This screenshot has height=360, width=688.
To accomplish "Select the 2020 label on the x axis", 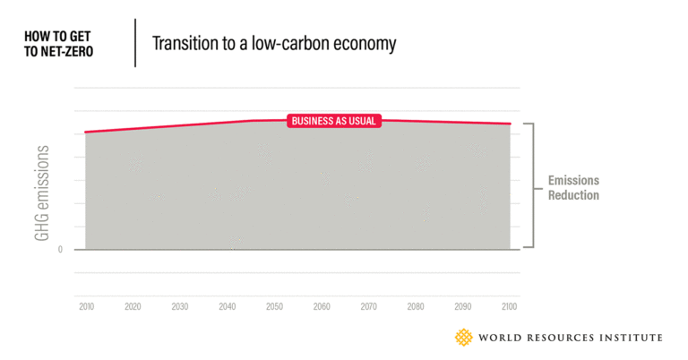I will coord(133,306).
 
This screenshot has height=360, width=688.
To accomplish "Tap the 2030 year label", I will coord(180,306).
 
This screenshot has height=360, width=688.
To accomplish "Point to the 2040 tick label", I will coord(228,306).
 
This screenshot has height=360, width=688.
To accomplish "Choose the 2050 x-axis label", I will coord(274,306).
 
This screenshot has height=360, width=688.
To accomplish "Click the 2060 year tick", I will coord(322,306).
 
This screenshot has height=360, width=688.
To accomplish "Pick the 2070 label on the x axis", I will coord(369,306).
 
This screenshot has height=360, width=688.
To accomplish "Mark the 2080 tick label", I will coord(416,306).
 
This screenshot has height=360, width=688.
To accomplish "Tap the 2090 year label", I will coord(463,306).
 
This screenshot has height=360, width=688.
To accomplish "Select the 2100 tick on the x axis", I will coord(510,306).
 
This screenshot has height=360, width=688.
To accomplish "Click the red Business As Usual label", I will coord(334,121).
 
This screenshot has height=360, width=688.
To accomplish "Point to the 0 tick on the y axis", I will coord(60,250).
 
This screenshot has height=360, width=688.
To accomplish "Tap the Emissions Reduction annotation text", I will coord(573,188).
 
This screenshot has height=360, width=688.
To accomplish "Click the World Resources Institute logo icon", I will coord(464,338).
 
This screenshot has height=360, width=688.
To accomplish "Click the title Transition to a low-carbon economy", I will coord(274,43).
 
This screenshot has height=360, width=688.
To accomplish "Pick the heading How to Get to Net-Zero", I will coord(59,43).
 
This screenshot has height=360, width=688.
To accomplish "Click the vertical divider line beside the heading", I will coord(135,42).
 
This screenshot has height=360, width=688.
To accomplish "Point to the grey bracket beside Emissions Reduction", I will coord(532,185).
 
